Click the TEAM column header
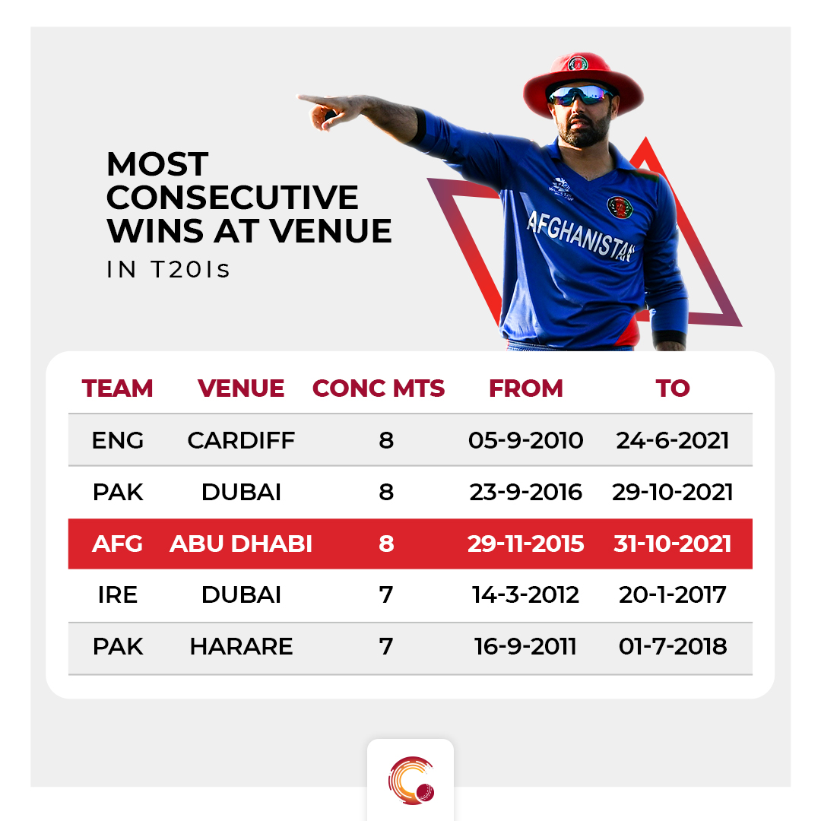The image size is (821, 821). [x=117, y=388]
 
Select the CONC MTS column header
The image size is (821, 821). [x=378, y=388]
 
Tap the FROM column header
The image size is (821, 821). [x=526, y=388]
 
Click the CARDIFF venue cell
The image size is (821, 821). [x=241, y=440]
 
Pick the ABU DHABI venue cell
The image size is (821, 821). [x=241, y=544]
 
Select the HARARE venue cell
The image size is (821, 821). [x=241, y=646]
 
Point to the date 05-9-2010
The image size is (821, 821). [x=526, y=440]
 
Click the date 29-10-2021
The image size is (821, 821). [x=672, y=492]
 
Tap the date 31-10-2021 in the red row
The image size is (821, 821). [x=672, y=544]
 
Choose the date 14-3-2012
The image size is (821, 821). [x=526, y=594]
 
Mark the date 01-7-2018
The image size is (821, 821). [x=672, y=646]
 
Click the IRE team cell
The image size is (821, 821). [x=117, y=594]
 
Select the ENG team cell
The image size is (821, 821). [x=117, y=440]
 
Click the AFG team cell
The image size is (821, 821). [x=117, y=544]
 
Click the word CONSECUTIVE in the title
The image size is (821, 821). [x=233, y=198]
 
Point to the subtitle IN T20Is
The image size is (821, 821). [x=168, y=270]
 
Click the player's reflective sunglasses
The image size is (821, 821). [x=579, y=95]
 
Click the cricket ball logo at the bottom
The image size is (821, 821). [x=411, y=780]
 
